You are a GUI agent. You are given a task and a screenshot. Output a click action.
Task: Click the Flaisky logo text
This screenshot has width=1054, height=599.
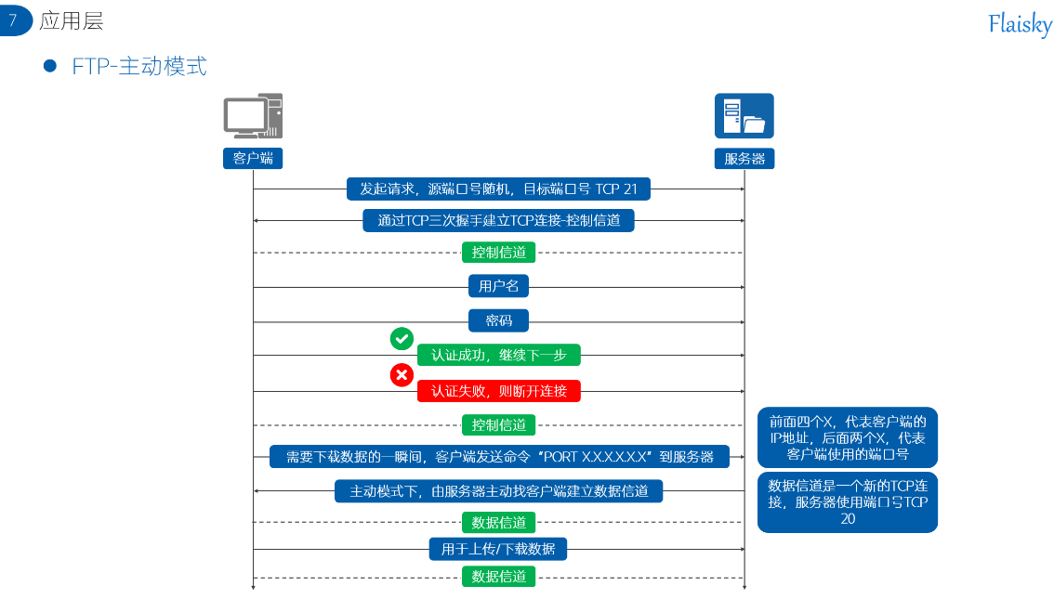1020,24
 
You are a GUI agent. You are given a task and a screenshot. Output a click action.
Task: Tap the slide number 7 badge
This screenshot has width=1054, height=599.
15,20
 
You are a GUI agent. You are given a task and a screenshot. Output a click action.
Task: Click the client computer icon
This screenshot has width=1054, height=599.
252,117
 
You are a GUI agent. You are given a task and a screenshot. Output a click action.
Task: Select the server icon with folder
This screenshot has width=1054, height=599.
744,116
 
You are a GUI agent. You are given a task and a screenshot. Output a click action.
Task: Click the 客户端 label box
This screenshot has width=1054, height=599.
253,159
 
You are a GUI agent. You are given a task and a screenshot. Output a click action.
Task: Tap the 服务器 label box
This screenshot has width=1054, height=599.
744,159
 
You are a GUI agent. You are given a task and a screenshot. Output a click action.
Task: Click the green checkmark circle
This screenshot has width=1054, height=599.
402,339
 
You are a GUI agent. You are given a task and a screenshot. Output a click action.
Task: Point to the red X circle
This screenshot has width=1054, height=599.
402,375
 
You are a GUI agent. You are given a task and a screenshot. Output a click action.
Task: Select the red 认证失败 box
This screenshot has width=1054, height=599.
498,391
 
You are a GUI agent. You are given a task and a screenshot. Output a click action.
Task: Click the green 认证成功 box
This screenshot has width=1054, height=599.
498,355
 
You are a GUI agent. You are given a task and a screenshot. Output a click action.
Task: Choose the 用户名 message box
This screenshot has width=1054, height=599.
498,287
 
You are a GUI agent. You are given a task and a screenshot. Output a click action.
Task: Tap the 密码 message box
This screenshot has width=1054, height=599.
498,321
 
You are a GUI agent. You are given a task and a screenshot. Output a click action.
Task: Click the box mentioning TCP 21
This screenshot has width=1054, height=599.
498,189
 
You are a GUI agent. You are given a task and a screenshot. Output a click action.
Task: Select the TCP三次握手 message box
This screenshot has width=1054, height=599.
498,221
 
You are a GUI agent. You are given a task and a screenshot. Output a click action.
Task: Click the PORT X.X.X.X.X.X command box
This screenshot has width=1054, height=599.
499,457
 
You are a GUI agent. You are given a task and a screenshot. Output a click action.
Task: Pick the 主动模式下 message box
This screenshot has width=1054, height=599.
498,491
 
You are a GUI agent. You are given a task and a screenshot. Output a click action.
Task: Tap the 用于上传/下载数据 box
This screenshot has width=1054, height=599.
498,549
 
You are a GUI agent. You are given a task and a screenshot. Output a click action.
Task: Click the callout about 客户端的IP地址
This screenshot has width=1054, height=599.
847,437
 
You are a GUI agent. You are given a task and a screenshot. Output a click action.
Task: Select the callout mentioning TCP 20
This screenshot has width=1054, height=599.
847,502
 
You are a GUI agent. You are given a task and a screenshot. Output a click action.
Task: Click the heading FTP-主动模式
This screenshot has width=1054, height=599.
139,67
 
